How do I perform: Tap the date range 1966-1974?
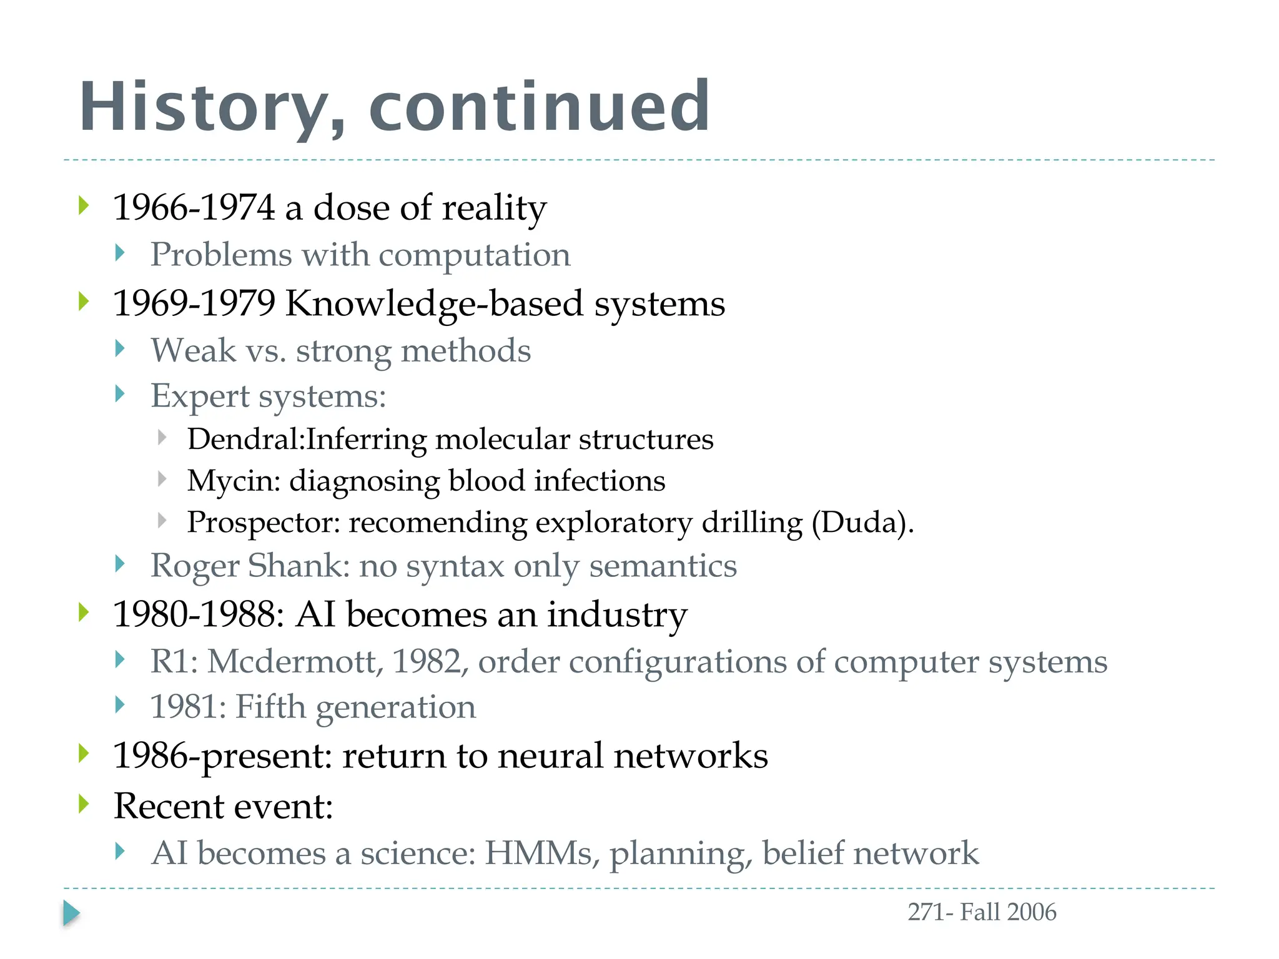tap(194, 207)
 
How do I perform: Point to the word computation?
tap(475, 255)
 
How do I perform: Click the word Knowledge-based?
tap(434, 304)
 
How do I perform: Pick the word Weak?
tap(194, 350)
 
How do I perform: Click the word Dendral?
tap(244, 439)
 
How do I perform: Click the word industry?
tap(617, 615)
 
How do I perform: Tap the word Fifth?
tap(270, 707)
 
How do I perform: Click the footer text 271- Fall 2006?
tap(982, 912)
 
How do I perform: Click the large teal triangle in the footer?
tap(71, 913)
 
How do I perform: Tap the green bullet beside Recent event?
tap(84, 804)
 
